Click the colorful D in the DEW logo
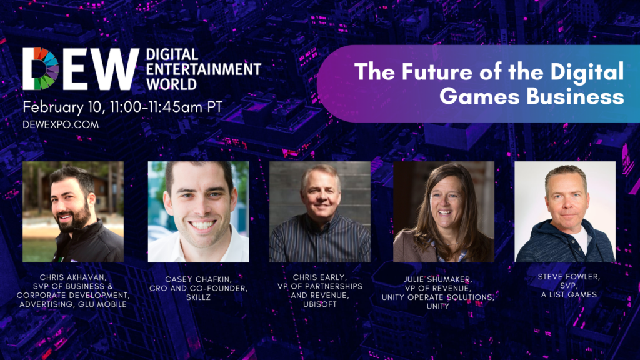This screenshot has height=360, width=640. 41,69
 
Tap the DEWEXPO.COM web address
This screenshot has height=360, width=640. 61,124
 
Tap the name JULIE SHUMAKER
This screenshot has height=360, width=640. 438,279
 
